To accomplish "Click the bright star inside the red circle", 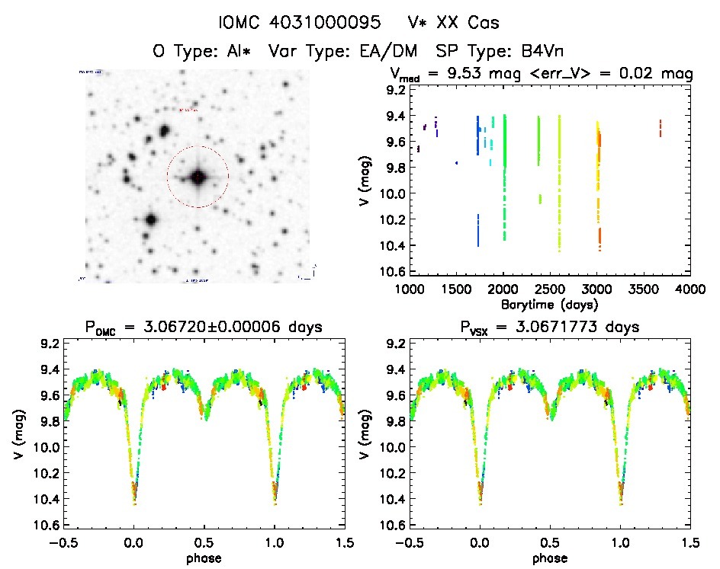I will [198, 177].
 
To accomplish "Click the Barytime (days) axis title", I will [551, 303].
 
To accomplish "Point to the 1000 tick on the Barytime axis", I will [410, 289].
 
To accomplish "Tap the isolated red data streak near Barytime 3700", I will [661, 128].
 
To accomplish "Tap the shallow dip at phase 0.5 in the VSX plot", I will [551, 418].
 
